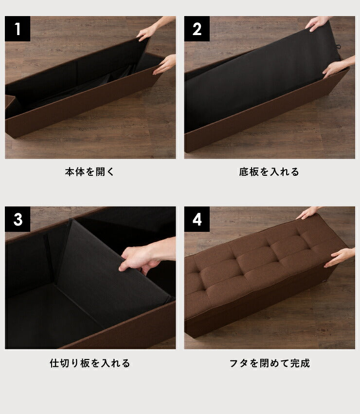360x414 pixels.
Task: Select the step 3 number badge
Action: coord(18,219)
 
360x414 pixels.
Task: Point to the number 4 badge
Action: coord(197,219)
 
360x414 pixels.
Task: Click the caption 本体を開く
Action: coord(90,171)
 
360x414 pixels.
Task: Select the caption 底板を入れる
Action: coord(269,171)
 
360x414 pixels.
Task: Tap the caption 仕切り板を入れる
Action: coord(90,363)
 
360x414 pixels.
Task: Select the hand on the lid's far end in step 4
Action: coord(308,213)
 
